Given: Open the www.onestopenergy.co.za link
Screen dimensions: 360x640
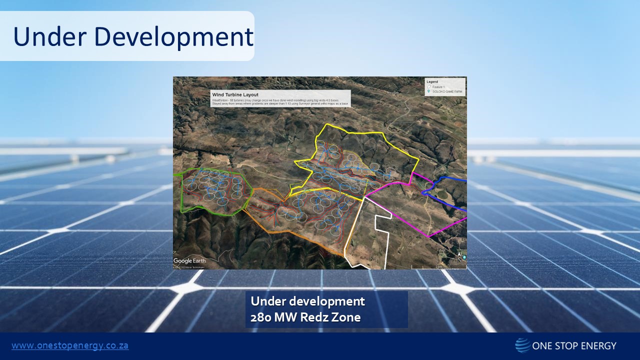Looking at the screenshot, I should point(70,345).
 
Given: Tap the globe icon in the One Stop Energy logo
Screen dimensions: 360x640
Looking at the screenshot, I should point(522,345).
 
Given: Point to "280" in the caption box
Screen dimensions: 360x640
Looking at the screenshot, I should point(261,317).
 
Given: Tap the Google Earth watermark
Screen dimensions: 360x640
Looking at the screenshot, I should point(189,260).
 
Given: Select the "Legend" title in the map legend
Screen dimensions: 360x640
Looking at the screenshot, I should point(432,81).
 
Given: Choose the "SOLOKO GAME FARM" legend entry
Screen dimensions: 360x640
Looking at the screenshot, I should point(447,92).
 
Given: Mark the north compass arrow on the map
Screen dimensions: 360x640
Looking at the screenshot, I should point(459,257).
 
